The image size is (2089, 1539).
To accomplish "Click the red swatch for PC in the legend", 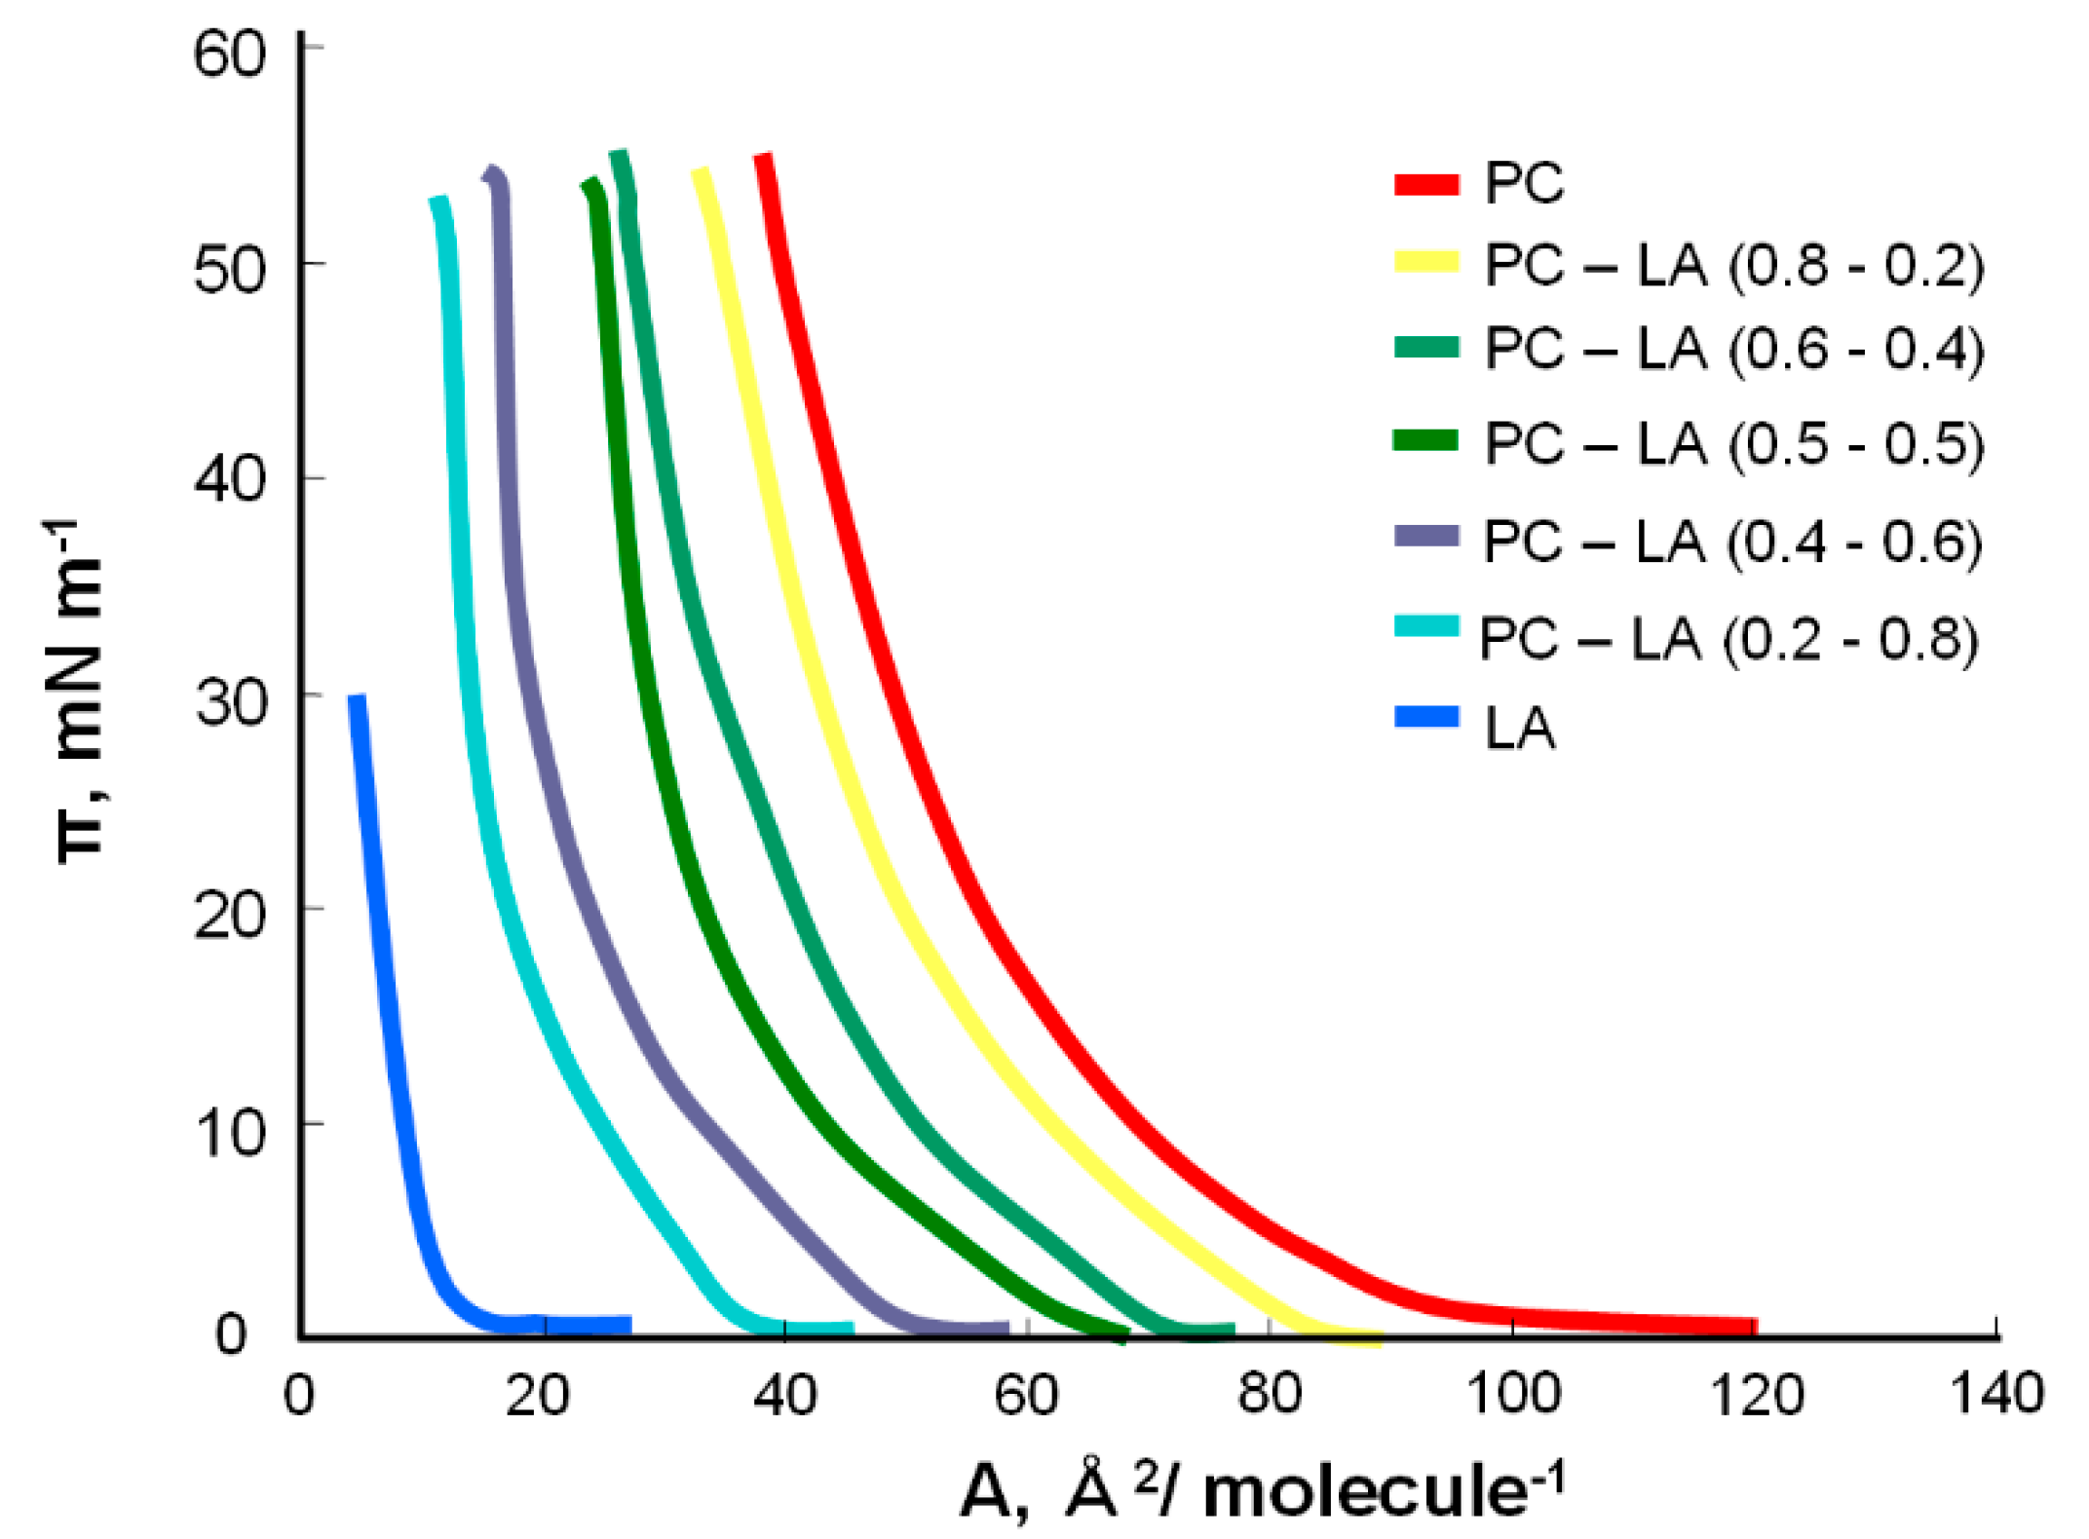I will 1426,184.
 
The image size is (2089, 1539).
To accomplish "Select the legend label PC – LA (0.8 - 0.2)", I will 1733,265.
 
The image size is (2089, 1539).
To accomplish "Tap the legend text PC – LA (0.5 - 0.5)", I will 1733,444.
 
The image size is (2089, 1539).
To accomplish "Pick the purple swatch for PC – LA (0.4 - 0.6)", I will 1426,536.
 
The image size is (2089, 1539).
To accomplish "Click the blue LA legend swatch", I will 1426,718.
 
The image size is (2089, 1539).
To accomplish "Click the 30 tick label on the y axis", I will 229,702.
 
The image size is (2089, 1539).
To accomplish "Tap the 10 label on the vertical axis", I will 229,1133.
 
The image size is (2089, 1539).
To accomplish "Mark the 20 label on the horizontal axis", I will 538,1395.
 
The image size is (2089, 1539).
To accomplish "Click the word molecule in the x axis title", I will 1364,1492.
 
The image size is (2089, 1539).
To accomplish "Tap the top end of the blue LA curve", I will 357,698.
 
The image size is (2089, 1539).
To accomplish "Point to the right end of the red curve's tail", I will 1754,1326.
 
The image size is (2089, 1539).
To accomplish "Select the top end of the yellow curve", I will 700,173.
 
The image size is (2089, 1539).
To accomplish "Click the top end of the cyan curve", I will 439,201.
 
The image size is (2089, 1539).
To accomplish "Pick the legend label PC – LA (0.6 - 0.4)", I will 1733,349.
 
